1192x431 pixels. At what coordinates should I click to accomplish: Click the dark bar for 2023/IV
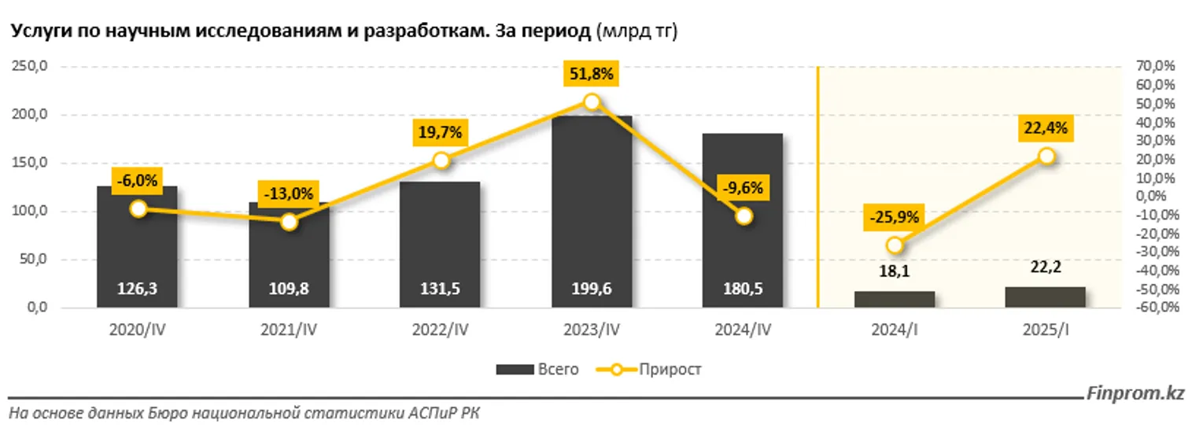(x=592, y=212)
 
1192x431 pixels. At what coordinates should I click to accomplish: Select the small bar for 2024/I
(x=895, y=300)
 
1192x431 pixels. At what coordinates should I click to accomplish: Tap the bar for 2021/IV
(x=289, y=260)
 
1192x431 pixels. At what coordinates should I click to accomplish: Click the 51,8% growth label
(x=592, y=75)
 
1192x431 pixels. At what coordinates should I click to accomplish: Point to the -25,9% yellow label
(x=895, y=218)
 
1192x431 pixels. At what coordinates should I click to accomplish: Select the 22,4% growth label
(x=1046, y=129)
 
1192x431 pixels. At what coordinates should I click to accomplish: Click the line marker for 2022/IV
(x=441, y=160)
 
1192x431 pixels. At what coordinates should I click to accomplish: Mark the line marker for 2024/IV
(x=744, y=216)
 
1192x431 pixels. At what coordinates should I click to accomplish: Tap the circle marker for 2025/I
(x=1046, y=157)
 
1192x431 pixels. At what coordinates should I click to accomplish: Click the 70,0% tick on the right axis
(x=1155, y=68)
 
